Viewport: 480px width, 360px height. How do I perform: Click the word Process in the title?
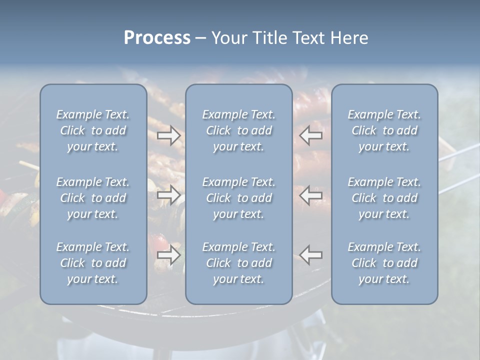click(x=157, y=38)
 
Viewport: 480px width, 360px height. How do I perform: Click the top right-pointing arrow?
click(x=168, y=135)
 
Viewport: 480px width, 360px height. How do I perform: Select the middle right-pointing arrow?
click(x=168, y=194)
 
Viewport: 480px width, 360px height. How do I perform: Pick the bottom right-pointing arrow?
click(x=168, y=254)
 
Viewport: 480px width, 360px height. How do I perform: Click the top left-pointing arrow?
click(x=310, y=135)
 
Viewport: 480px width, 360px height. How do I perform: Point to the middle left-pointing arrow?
click(x=310, y=194)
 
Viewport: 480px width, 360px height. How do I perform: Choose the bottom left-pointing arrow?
click(x=310, y=254)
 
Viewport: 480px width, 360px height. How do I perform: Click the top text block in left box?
click(x=93, y=130)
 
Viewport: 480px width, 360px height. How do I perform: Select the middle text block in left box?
click(x=93, y=198)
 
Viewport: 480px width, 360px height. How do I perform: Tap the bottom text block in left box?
click(x=93, y=263)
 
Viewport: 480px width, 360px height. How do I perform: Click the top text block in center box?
click(x=238, y=130)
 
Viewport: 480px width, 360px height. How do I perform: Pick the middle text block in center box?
click(x=238, y=198)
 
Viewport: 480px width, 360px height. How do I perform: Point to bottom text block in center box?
click(x=238, y=263)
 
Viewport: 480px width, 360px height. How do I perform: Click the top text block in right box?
click(x=384, y=130)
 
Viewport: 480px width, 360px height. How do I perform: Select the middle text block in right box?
click(x=384, y=198)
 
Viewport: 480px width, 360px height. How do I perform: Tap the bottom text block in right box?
click(x=384, y=263)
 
